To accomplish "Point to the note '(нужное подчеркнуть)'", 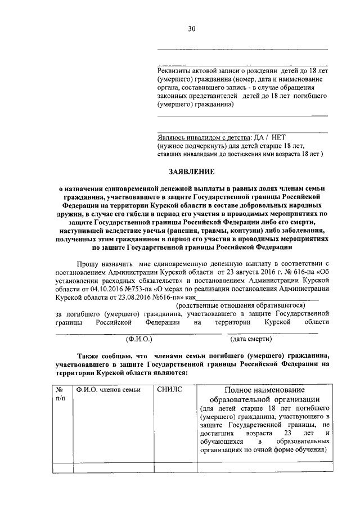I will (187, 145).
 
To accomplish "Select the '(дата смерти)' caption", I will (251, 339).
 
